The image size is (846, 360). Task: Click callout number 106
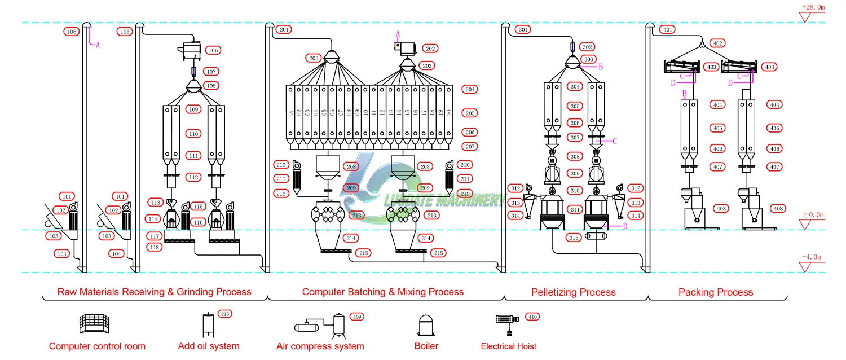(x=213, y=50)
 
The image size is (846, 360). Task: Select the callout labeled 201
(x=284, y=29)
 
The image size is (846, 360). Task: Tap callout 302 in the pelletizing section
(x=587, y=47)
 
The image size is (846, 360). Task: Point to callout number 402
(x=717, y=43)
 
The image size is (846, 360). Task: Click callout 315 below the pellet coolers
(x=574, y=238)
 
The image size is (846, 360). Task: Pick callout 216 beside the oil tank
(x=225, y=314)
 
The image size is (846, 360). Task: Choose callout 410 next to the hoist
(x=532, y=317)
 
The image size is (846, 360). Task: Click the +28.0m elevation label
(x=813, y=7)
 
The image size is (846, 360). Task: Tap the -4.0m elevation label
(x=812, y=257)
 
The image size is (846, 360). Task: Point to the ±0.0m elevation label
(x=813, y=214)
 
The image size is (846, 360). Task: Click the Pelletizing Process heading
(x=574, y=292)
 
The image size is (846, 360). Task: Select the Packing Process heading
(x=716, y=292)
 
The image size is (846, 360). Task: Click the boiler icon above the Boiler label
(x=426, y=325)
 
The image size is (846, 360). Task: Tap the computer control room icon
(x=94, y=324)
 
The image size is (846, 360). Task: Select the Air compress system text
(x=320, y=346)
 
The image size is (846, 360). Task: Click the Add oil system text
(x=209, y=346)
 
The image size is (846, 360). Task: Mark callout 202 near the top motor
(x=430, y=49)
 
